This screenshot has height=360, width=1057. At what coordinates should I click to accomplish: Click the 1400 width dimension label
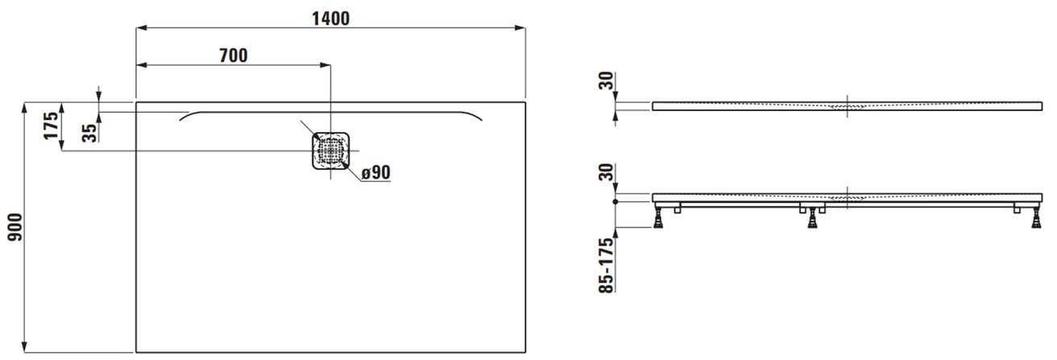coord(331,19)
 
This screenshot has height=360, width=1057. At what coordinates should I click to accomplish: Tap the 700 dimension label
coord(234,56)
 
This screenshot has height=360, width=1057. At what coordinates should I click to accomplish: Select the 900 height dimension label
coord(15,227)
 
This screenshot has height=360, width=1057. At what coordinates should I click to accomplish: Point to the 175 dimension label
coord(51,126)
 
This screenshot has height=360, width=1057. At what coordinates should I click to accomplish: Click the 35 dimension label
coord(89,133)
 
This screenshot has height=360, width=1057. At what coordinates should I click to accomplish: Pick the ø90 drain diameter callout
coord(376,172)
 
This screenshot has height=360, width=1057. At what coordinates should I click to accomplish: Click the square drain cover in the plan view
coord(330,151)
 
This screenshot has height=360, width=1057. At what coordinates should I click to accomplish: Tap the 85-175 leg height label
coord(607,265)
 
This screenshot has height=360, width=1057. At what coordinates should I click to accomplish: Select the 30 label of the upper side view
coord(607,81)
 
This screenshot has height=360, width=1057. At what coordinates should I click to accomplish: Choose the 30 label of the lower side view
coord(607,172)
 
